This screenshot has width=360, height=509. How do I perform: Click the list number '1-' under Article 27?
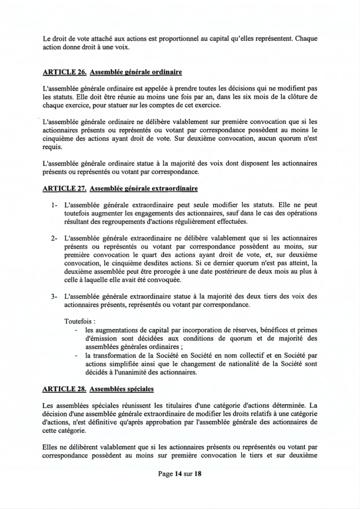pyautogui.click(x=54, y=204)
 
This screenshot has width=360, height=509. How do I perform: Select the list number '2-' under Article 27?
pyautogui.click(x=54, y=238)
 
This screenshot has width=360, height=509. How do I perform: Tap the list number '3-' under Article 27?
pyautogui.click(x=54, y=296)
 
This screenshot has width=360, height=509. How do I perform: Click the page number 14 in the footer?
pyautogui.click(x=178, y=474)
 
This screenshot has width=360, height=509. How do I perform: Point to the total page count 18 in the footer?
pyautogui.click(x=197, y=474)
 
